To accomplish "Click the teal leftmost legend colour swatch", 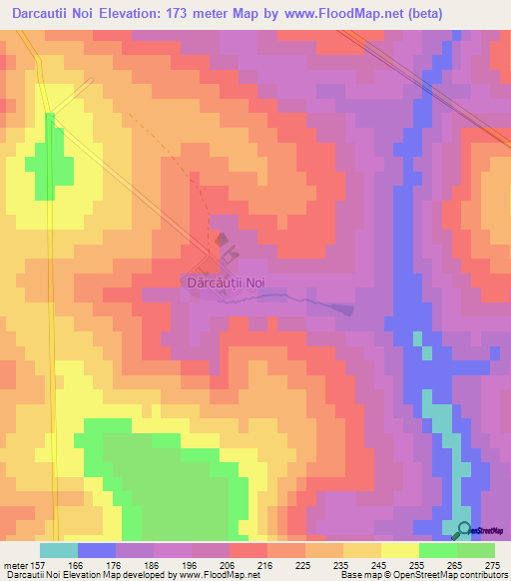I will tap(58, 550).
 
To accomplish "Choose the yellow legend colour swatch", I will tap(399, 550).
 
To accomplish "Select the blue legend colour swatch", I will tap(96, 550).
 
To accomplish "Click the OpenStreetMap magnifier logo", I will tap(464, 530).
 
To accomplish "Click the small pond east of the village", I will tap(345, 308).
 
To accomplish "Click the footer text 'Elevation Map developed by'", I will tap(110, 576).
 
